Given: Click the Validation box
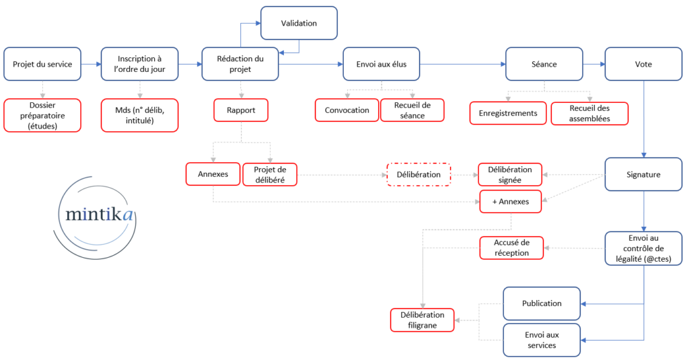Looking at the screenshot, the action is (299, 23).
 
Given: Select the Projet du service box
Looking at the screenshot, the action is (42, 64).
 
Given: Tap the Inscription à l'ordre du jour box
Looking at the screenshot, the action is (140, 64).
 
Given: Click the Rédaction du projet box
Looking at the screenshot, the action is (240, 64).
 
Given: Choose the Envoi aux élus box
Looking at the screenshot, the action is (382, 64).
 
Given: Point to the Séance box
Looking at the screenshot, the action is (544, 64).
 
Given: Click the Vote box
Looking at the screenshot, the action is (643, 64).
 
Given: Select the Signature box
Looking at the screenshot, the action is (643, 174).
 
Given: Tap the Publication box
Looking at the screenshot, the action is (542, 303).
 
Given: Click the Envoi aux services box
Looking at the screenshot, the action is (542, 340).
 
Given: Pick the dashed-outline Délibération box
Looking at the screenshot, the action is (419, 174).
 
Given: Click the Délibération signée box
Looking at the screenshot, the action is (510, 174).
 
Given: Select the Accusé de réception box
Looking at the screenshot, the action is (511, 248).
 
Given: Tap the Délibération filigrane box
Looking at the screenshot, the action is (423, 320).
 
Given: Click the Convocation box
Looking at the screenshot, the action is (347, 110).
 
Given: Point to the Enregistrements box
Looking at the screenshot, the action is (508, 113).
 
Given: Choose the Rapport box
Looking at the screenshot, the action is (241, 110).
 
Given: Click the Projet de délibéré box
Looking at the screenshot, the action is (270, 174).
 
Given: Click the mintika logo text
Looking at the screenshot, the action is (99, 214).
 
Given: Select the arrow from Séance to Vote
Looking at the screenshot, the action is (594, 64).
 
